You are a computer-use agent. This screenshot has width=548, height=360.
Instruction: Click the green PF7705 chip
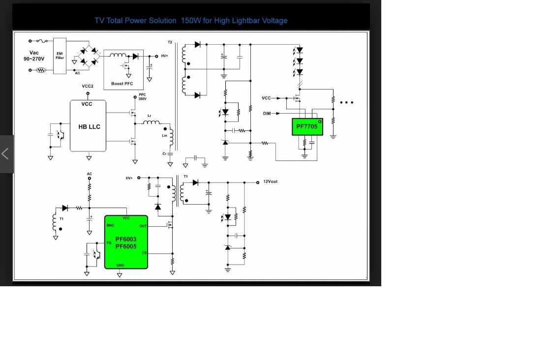(x=307, y=127)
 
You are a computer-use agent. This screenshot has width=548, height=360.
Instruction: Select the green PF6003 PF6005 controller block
(x=126, y=242)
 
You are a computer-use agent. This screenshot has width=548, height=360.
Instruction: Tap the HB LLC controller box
(x=89, y=126)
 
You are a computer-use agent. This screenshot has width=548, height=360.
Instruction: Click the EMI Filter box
(x=60, y=56)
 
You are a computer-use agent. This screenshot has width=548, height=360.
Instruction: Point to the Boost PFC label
(x=122, y=84)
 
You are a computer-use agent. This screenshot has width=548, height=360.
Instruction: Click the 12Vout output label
(x=270, y=181)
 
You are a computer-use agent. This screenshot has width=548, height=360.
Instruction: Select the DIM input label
(x=267, y=114)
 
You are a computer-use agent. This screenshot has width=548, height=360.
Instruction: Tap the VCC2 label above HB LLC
(x=88, y=86)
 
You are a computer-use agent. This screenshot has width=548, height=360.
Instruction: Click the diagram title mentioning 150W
(x=191, y=21)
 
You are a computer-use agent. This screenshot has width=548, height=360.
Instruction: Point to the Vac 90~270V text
(x=34, y=56)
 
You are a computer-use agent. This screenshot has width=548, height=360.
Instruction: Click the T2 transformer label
(x=170, y=42)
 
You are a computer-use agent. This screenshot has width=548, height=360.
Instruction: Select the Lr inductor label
(x=149, y=116)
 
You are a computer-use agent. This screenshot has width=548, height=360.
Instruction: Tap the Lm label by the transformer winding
(x=164, y=135)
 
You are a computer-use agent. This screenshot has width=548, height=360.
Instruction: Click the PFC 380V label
(x=142, y=96)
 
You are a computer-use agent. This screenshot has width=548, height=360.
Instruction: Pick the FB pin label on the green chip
(x=109, y=242)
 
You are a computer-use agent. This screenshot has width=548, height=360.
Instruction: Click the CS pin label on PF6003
(x=144, y=253)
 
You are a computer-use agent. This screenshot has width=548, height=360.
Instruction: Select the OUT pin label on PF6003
(x=143, y=226)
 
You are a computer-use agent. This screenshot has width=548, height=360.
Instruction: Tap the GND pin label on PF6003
(x=120, y=265)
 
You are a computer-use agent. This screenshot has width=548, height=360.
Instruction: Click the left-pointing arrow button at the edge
(x=5, y=154)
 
